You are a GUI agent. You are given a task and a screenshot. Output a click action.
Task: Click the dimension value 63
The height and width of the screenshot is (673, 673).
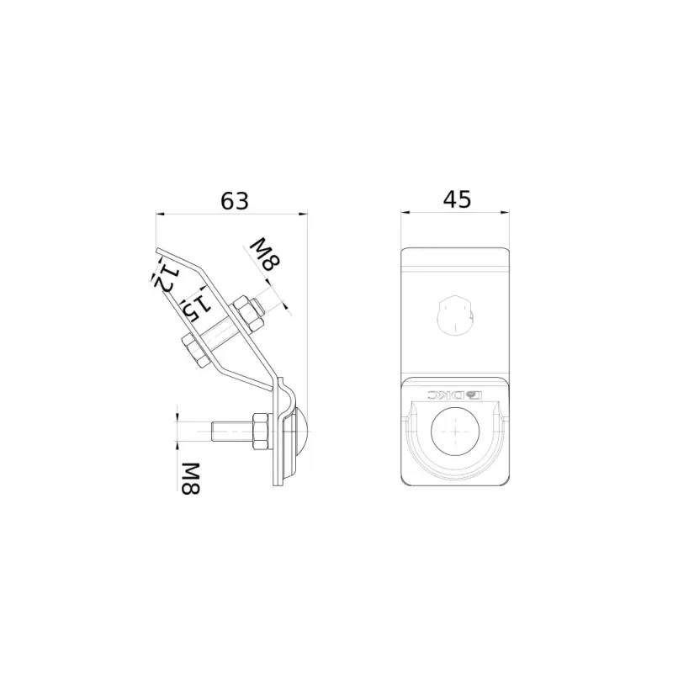(235, 200)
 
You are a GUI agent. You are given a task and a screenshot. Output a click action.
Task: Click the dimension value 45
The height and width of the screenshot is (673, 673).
(457, 199)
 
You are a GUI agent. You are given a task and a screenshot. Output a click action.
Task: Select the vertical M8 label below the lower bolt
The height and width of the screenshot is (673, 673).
(190, 478)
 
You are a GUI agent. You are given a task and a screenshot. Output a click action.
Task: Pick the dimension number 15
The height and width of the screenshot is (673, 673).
(196, 307)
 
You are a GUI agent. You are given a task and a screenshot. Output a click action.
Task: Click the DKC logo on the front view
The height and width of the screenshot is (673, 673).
(455, 394)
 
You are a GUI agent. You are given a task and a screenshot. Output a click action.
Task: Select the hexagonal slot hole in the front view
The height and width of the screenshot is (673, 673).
(455, 315)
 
